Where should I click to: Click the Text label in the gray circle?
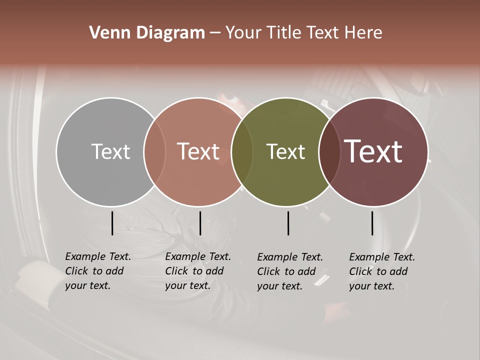(x=110, y=151)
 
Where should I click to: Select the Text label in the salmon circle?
(x=198, y=151)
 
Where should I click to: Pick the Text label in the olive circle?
(x=285, y=151)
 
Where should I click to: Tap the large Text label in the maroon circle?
(x=373, y=151)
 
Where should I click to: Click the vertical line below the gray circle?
(x=112, y=223)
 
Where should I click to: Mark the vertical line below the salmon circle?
(x=200, y=223)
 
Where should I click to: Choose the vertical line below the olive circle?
(x=288, y=223)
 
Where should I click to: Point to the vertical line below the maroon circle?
(x=372, y=223)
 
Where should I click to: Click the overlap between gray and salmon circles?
(x=154, y=151)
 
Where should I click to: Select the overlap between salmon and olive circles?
(x=242, y=151)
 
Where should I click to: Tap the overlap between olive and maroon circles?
(x=329, y=151)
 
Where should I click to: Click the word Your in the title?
(x=243, y=33)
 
